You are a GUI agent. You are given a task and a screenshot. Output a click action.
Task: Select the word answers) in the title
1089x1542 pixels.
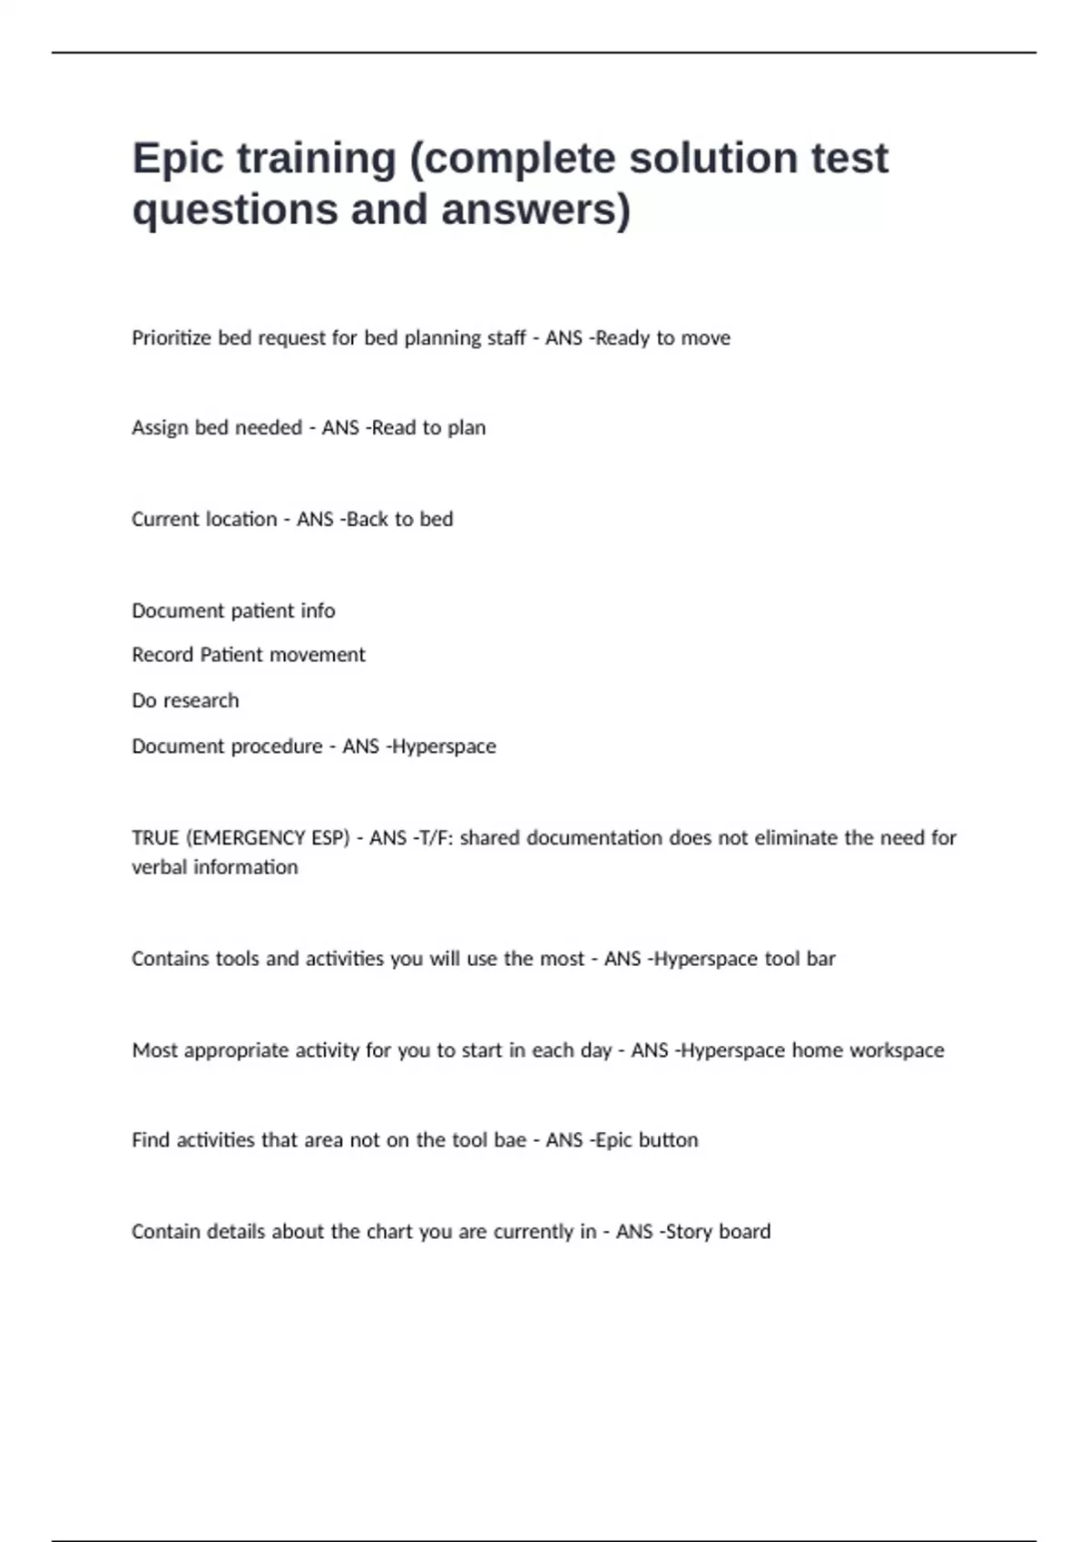(x=535, y=210)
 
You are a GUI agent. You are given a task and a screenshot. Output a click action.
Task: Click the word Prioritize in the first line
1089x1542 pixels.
(x=172, y=338)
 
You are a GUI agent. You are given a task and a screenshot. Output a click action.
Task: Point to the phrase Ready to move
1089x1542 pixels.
(x=662, y=338)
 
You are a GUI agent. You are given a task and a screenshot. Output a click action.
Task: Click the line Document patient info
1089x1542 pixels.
(x=233, y=611)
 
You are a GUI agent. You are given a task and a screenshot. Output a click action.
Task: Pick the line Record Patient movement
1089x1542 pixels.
(x=248, y=655)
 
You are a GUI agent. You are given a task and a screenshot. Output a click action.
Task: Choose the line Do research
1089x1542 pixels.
(x=185, y=701)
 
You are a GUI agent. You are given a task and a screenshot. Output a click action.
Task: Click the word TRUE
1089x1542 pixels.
(x=155, y=838)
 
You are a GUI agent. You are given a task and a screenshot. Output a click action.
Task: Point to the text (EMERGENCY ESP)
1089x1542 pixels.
(x=268, y=838)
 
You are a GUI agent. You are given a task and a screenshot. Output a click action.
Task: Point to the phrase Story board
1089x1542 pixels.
(x=718, y=1232)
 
